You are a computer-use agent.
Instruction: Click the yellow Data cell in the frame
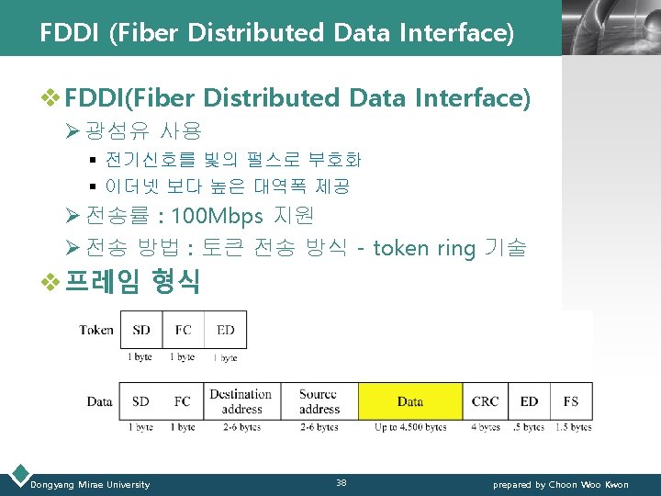[410, 401]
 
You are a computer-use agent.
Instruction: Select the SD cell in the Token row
[141, 330]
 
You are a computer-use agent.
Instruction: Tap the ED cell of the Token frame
[225, 330]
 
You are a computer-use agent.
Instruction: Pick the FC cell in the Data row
[183, 401]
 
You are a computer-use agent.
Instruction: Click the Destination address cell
[241, 401]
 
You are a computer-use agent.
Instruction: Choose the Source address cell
[319, 401]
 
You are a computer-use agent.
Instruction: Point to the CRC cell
[485, 401]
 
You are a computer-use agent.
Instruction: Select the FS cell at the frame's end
[570, 401]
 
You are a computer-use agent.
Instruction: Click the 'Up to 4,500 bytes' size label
[410, 427]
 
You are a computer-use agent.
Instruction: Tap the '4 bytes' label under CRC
[485, 427]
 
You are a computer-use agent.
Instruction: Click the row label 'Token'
[96, 330]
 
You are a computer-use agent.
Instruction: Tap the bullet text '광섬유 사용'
[143, 131]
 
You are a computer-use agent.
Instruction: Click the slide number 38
[341, 483]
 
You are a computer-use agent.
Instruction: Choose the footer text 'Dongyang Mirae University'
[90, 484]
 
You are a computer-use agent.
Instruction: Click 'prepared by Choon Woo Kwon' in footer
[561, 484]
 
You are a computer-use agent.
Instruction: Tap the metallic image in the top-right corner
[611, 28]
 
